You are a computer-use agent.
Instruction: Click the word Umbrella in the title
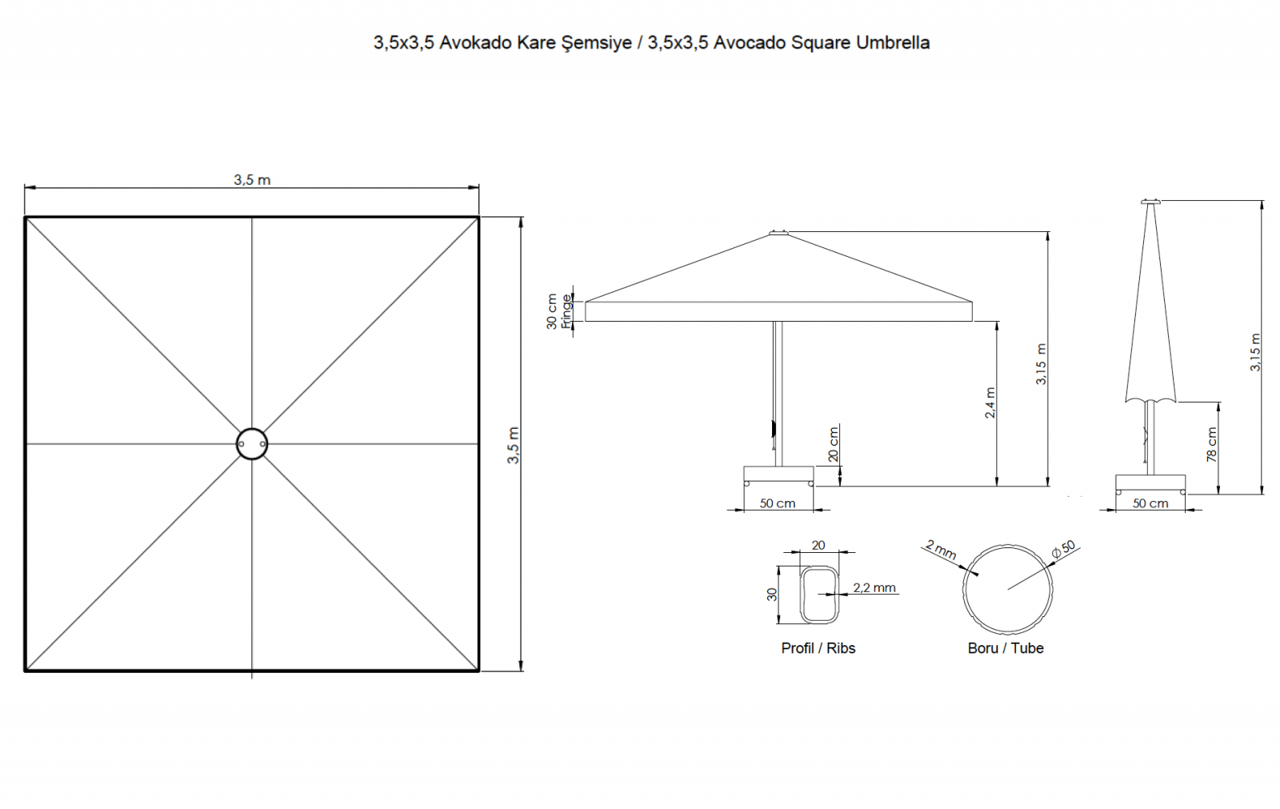point(892,43)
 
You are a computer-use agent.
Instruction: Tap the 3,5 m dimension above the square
point(252,180)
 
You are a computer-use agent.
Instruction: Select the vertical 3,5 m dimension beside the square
point(513,446)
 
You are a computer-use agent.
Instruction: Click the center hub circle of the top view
point(252,443)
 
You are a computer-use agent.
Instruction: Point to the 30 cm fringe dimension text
point(551,311)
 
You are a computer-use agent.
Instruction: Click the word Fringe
point(566,311)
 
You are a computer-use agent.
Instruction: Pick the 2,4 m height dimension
point(990,403)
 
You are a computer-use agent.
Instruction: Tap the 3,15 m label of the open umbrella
point(1041,364)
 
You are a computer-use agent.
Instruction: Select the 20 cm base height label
point(833,444)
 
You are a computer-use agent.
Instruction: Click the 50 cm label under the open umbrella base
point(777,503)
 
